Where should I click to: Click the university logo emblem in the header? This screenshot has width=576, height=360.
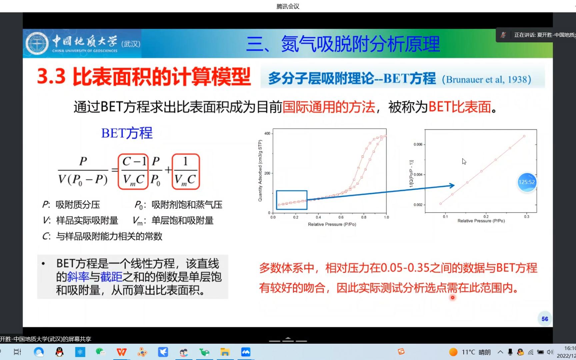pyautogui.click(x=37, y=44)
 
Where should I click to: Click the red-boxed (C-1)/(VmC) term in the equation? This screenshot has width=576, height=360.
pyautogui.click(x=133, y=172)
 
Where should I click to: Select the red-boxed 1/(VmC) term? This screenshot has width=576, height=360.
pyautogui.click(x=186, y=172)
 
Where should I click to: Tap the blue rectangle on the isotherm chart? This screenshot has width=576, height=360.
pyautogui.click(x=292, y=200)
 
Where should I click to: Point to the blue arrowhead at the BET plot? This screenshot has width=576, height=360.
pyautogui.click(x=452, y=186)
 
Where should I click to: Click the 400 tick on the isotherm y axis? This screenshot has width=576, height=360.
pyautogui.click(x=267, y=133)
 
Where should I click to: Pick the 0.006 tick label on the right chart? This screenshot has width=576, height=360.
pyautogui.click(x=418, y=144)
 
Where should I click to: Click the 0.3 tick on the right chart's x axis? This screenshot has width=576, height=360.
pyautogui.click(x=526, y=217)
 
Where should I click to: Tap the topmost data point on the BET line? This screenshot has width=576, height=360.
pyautogui.click(x=524, y=136)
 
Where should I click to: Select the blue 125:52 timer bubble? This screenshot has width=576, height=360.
pyautogui.click(x=527, y=182)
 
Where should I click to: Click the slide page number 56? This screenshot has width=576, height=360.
pyautogui.click(x=545, y=319)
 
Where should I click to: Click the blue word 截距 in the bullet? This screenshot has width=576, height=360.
pyautogui.click(x=111, y=277)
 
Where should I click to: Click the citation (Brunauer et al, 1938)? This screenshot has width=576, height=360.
pyautogui.click(x=486, y=80)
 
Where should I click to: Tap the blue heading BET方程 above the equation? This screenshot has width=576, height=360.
pyautogui.click(x=127, y=133)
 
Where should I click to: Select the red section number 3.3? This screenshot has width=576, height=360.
pyautogui.click(x=51, y=76)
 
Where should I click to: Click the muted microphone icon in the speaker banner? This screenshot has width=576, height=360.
pyautogui.click(x=503, y=35)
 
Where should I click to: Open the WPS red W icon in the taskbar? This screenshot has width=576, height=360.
pyautogui.click(x=121, y=352)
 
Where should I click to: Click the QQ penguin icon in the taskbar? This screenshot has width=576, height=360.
pyautogui.click(x=59, y=352)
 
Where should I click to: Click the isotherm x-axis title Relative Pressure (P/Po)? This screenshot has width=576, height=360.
pyautogui.click(x=332, y=224)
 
